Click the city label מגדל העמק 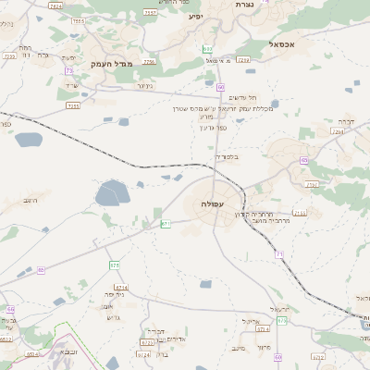pyautogui.click(x=113, y=64)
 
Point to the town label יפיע pyautogui.click(x=195, y=17)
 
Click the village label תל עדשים pyautogui.click(x=240, y=99)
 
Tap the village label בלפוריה pyautogui.click(x=227, y=156)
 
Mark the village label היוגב pyautogui.click(x=33, y=199)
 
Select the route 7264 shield pyautogui.click(x=338, y=132)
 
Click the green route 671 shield pyautogui.click(x=165, y=224)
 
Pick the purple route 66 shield pyautogui.click(x=11, y=310)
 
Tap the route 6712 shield pyautogui.click(x=6, y=339)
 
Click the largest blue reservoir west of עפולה pyautogui.click(x=112, y=193)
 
